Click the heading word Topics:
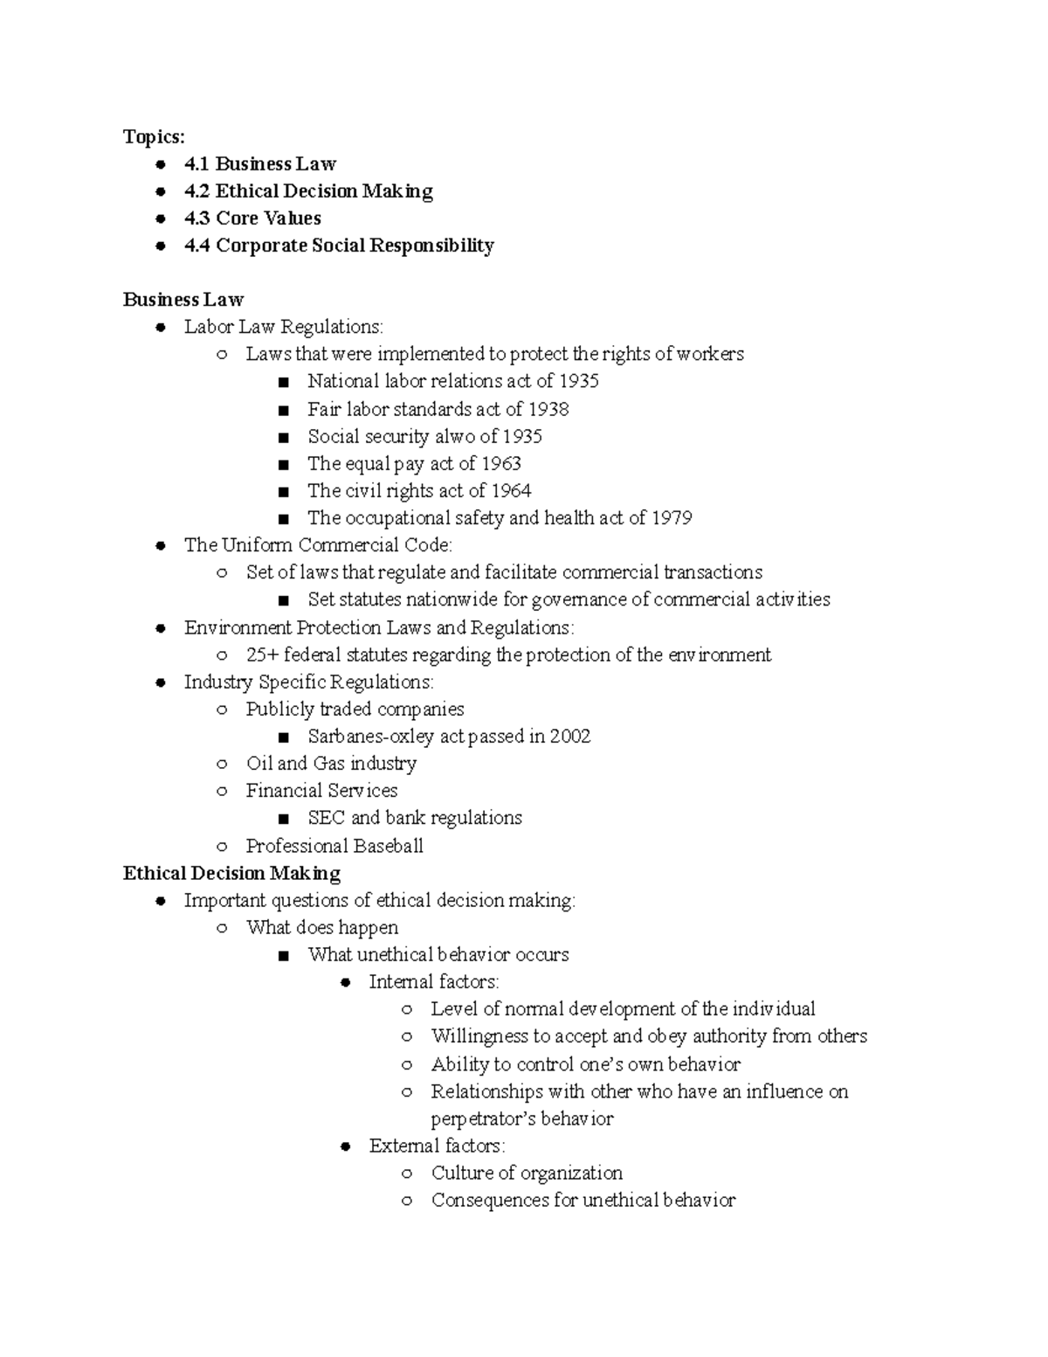pyautogui.click(x=154, y=136)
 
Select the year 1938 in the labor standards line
pyautogui.click(x=548, y=409)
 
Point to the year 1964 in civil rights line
pyautogui.click(x=511, y=490)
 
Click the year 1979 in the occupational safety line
pyautogui.click(x=672, y=517)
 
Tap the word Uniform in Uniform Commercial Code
pyautogui.click(x=257, y=545)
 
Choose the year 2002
pyautogui.click(x=570, y=737)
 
